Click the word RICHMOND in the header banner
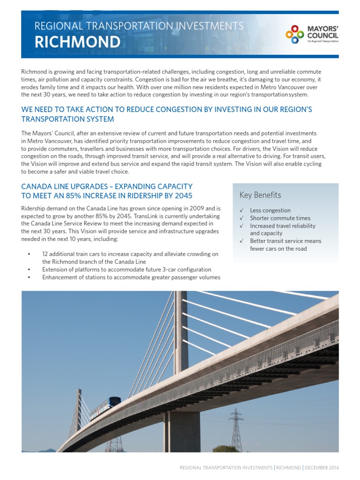(x=77, y=43)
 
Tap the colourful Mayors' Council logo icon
(x=295, y=34)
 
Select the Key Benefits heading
(x=260, y=195)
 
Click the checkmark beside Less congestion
(x=241, y=210)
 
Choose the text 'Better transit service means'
(x=285, y=241)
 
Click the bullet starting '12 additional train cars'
(x=130, y=254)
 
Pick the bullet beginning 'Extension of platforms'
(x=127, y=270)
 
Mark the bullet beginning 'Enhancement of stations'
(x=131, y=277)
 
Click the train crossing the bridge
(x=105, y=407)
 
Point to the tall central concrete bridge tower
(x=180, y=337)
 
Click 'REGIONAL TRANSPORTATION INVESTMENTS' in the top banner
(x=139, y=26)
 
